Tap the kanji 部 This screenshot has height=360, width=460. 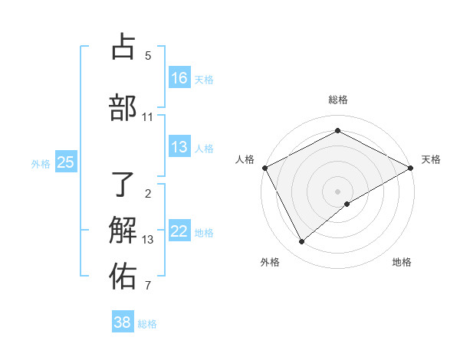click(123, 106)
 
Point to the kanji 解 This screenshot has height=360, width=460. click(123, 229)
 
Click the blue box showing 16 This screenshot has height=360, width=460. click(179, 77)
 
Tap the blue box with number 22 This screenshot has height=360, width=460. click(179, 231)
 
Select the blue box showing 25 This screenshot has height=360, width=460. click(66, 162)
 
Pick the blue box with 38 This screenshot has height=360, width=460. click(123, 322)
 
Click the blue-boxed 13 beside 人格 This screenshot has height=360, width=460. click(179, 147)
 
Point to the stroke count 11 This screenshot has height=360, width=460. click(147, 117)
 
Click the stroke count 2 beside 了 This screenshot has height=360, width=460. click(148, 194)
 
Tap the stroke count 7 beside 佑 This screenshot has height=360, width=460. click(148, 286)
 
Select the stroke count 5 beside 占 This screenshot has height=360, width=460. click(148, 56)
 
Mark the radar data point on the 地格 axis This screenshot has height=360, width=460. click(347, 204)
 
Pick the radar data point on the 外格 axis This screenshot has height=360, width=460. click(301, 241)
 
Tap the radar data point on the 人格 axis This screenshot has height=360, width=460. click(264, 168)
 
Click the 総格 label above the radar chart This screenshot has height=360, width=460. click(337, 100)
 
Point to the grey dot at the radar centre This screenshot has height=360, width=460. click(337, 191)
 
